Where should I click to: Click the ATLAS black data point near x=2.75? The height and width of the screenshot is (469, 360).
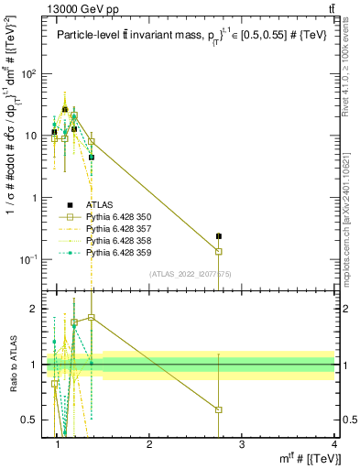pos(245,236)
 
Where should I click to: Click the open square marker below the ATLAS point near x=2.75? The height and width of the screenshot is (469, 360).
pos(245,252)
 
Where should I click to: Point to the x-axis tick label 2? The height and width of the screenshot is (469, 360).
pos(150,443)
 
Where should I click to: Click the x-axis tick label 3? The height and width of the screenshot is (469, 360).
pos(243,443)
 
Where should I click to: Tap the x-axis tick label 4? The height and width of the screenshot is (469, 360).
pos(335,443)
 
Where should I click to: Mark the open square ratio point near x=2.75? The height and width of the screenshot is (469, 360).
pos(245,409)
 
